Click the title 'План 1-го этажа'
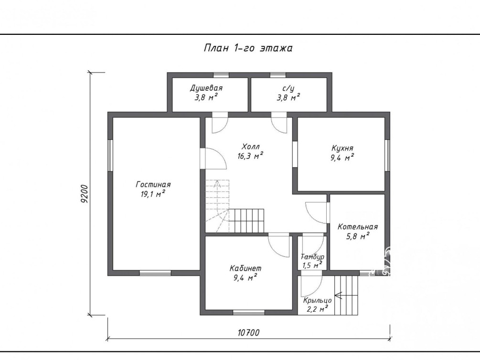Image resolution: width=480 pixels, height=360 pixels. pyautogui.click(x=248, y=48)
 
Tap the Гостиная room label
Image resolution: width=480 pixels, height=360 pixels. pyautogui.click(x=153, y=185)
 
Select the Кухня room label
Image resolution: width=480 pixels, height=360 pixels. pyautogui.click(x=342, y=148)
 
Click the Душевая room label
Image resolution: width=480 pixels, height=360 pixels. pyautogui.click(x=206, y=88)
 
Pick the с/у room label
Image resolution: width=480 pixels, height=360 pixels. pyautogui.click(x=288, y=88)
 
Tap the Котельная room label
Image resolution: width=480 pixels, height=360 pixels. pyautogui.click(x=358, y=227)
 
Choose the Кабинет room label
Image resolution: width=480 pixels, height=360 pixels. pyautogui.click(x=245, y=268)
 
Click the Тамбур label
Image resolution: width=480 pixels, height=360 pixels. pyautogui.click(x=312, y=256)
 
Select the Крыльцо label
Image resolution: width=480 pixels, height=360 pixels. pyautogui.click(x=318, y=301)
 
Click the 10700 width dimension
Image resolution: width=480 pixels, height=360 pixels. pyautogui.click(x=248, y=333)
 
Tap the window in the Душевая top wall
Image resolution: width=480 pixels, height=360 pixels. pyautogui.click(x=221, y=75)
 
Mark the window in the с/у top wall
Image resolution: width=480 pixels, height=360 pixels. pyautogui.click(x=277, y=75)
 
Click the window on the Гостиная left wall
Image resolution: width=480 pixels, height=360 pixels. pyautogui.click(x=110, y=155)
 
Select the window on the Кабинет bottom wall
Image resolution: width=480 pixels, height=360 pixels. pyautogui.click(x=248, y=313)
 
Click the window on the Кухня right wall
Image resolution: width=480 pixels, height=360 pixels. pyautogui.click(x=387, y=155)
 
